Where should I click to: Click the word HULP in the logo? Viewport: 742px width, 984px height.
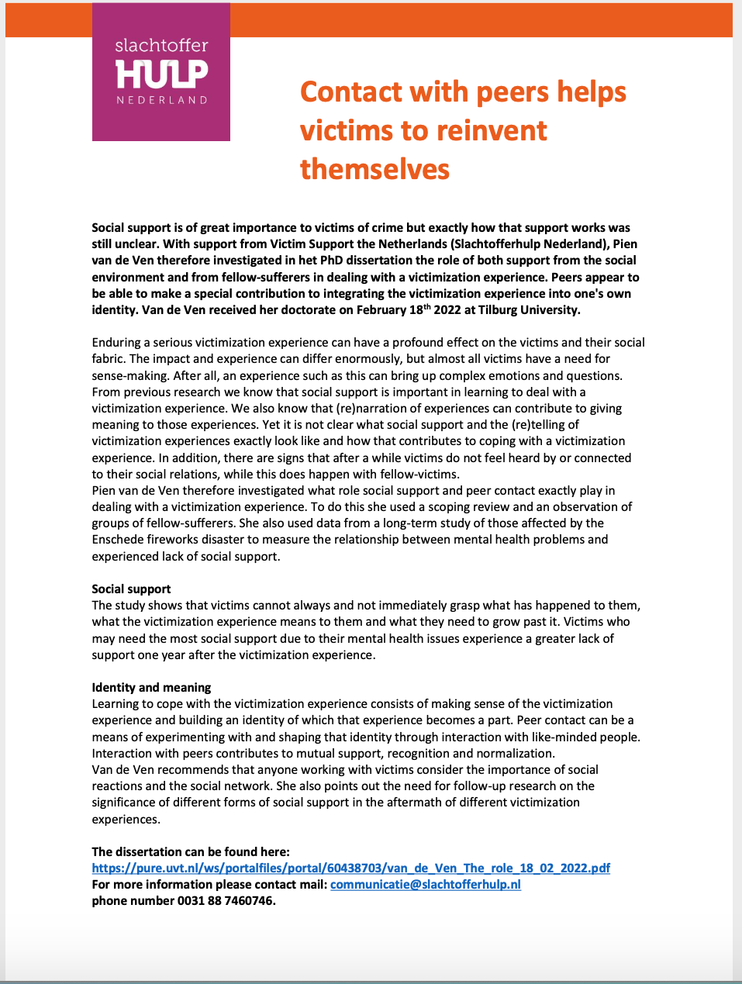point(161,74)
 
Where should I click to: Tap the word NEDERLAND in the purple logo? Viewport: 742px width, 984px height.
point(161,100)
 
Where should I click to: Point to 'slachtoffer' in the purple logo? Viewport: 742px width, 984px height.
point(161,46)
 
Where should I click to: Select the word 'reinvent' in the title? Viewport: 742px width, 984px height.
point(495,131)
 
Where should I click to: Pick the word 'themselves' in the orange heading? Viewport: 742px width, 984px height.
point(374,169)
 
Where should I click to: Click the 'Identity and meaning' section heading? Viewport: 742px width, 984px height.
point(151,687)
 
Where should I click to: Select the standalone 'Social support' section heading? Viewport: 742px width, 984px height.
point(131,589)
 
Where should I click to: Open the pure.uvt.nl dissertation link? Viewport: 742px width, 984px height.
point(350,868)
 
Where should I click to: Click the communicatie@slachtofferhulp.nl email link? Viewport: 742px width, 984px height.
point(425,884)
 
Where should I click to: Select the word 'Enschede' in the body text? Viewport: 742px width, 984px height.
point(116,539)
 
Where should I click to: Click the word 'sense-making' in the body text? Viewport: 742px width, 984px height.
point(129,375)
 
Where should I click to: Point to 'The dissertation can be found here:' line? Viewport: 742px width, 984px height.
point(191,851)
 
